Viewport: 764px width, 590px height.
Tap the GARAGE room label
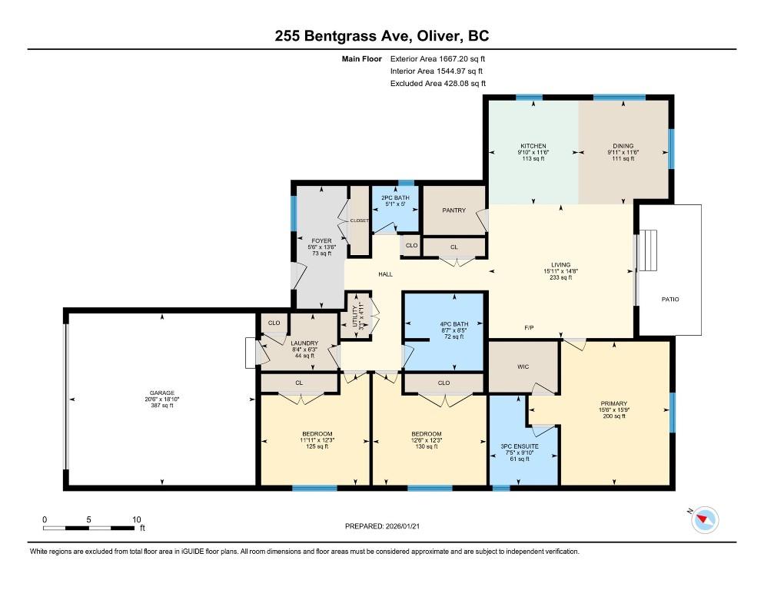tap(162, 393)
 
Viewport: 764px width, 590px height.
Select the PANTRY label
tap(453, 210)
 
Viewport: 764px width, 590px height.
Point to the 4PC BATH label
tap(454, 324)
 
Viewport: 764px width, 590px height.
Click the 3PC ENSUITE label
tap(520, 446)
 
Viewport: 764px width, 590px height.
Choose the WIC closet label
tap(523, 367)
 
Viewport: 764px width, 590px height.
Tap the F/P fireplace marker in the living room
tap(529, 328)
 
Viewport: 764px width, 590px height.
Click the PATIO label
tap(670, 299)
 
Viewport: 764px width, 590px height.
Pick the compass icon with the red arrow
tap(705, 520)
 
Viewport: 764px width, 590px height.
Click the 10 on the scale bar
tap(137, 519)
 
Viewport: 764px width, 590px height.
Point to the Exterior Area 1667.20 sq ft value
tap(437, 59)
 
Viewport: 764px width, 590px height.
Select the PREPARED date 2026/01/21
tap(382, 526)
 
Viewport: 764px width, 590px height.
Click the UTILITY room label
tap(355, 317)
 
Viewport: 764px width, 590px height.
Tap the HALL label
tap(385, 274)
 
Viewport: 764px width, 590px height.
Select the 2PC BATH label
tap(395, 197)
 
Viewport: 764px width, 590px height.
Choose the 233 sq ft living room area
tap(561, 277)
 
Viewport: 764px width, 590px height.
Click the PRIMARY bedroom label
tap(614, 403)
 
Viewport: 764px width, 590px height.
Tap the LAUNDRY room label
tap(304, 343)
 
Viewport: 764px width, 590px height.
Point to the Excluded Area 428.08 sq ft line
tap(438, 83)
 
